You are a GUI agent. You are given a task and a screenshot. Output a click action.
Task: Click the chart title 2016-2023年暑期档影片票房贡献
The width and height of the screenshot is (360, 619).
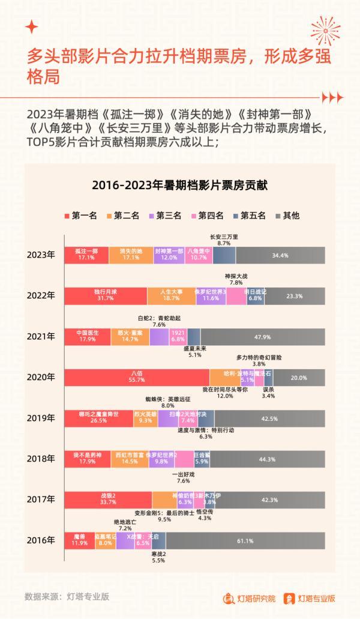point(179,186)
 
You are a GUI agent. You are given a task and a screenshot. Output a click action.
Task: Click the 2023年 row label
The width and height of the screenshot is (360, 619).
point(40,255)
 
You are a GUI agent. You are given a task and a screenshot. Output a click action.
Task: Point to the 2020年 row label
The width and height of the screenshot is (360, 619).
point(40,378)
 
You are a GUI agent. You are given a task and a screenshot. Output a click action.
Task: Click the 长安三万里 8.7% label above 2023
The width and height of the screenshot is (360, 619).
point(224,240)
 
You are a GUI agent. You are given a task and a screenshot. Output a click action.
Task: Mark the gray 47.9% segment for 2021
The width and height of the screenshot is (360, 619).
point(263,336)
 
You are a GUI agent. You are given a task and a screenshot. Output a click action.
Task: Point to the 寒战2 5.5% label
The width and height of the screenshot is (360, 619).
point(158,557)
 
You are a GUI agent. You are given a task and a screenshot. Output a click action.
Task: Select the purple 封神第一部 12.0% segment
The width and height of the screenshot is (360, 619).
point(169,255)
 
